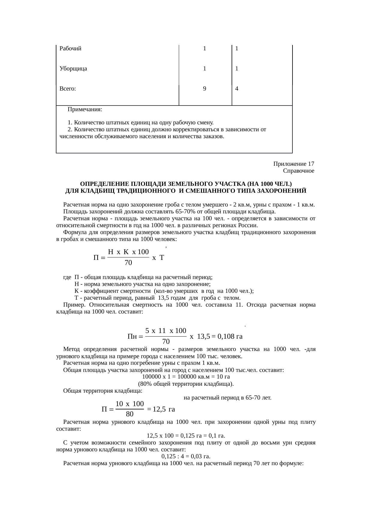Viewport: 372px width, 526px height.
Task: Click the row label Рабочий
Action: (x=70, y=49)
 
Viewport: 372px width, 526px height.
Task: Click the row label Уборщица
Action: (x=73, y=69)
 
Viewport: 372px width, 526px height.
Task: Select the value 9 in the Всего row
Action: (x=204, y=89)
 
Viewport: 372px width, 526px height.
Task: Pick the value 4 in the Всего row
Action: (x=237, y=89)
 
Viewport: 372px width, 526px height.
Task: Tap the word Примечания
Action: (x=85, y=109)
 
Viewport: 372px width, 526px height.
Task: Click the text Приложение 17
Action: (x=294, y=164)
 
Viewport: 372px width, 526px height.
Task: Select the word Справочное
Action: (x=298, y=171)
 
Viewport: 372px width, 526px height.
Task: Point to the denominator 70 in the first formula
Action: (x=128, y=263)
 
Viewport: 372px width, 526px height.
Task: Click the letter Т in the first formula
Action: (x=161, y=257)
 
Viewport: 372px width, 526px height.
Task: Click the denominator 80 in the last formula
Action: (x=130, y=415)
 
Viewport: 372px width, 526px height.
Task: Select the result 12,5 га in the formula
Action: (x=164, y=409)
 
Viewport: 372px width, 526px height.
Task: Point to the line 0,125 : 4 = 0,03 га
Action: (x=186, y=456)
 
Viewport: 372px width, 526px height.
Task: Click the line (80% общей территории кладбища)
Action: (x=186, y=384)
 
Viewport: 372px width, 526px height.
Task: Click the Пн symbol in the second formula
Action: (x=132, y=337)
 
